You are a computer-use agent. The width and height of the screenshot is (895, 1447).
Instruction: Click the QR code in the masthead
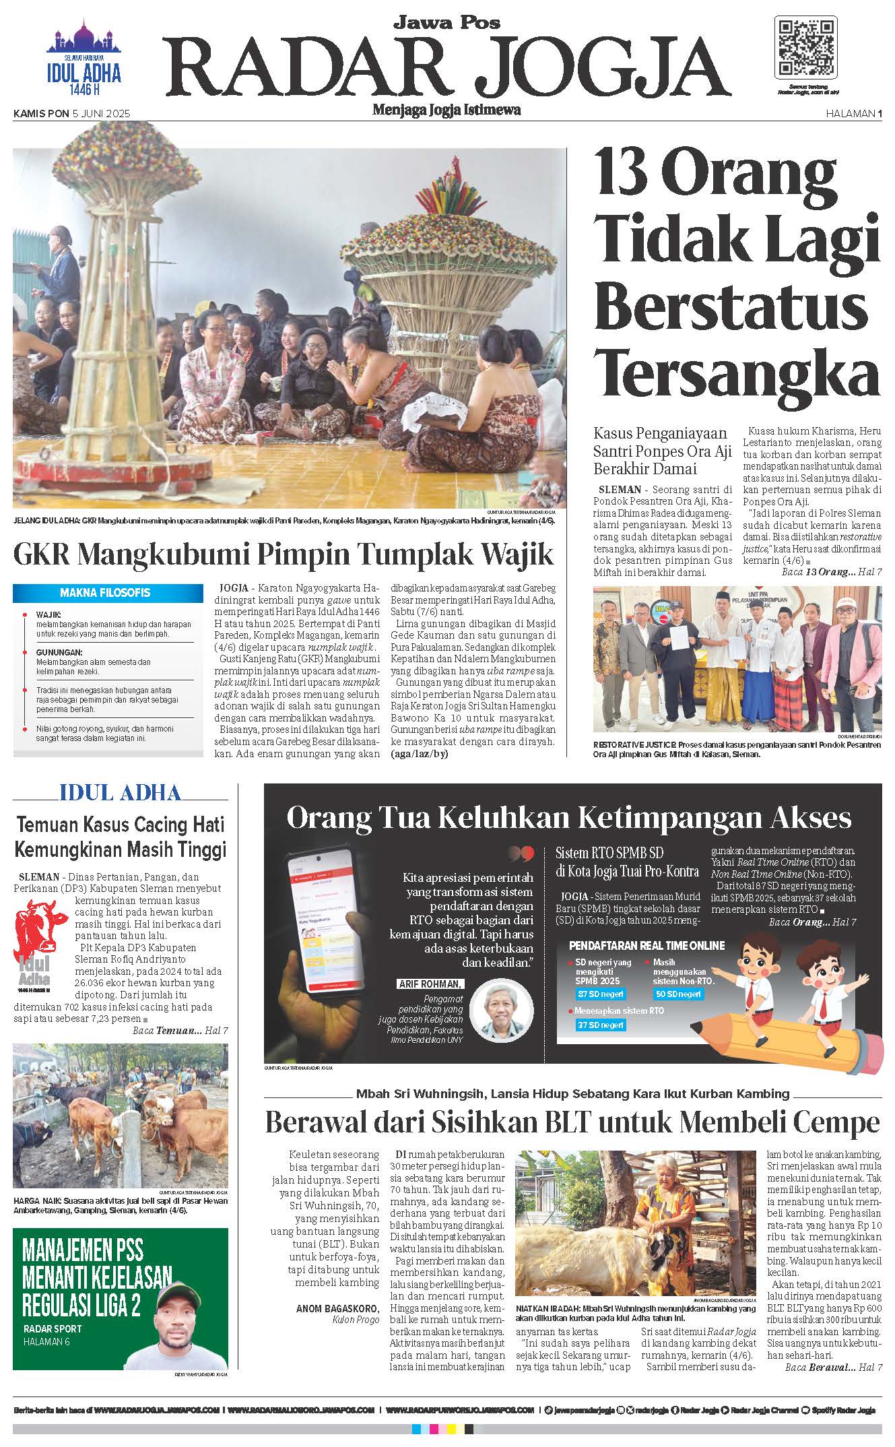tap(807, 49)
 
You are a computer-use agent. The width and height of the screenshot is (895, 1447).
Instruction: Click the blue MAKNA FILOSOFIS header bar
tap(108, 593)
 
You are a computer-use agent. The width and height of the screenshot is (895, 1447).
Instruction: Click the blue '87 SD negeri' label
tap(601, 994)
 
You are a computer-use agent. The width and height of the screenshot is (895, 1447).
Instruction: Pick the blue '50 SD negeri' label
tap(678, 994)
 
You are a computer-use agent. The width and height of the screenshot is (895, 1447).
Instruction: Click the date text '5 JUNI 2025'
tap(101, 114)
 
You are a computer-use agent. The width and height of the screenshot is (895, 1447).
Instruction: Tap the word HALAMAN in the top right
tap(850, 114)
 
